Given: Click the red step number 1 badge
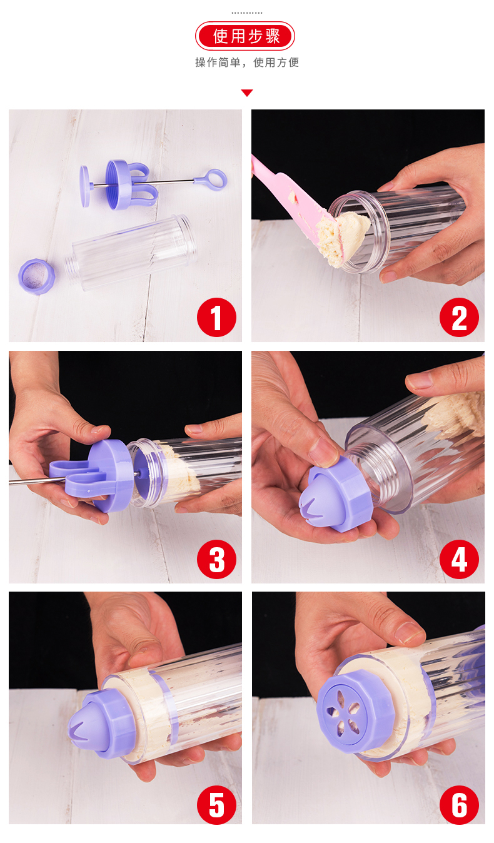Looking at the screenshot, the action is click(x=216, y=317).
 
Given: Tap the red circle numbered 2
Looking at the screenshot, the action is click(x=459, y=317).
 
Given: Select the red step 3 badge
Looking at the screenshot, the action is click(x=216, y=559).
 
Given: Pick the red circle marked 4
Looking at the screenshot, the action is click(x=459, y=559).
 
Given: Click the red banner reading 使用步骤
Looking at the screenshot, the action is click(x=245, y=36).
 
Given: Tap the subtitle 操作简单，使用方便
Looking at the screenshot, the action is click(x=247, y=63).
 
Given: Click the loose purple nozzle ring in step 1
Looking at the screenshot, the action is click(x=36, y=276).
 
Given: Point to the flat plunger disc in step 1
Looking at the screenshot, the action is click(x=84, y=186).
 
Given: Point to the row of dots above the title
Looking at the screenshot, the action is click(x=247, y=13).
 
